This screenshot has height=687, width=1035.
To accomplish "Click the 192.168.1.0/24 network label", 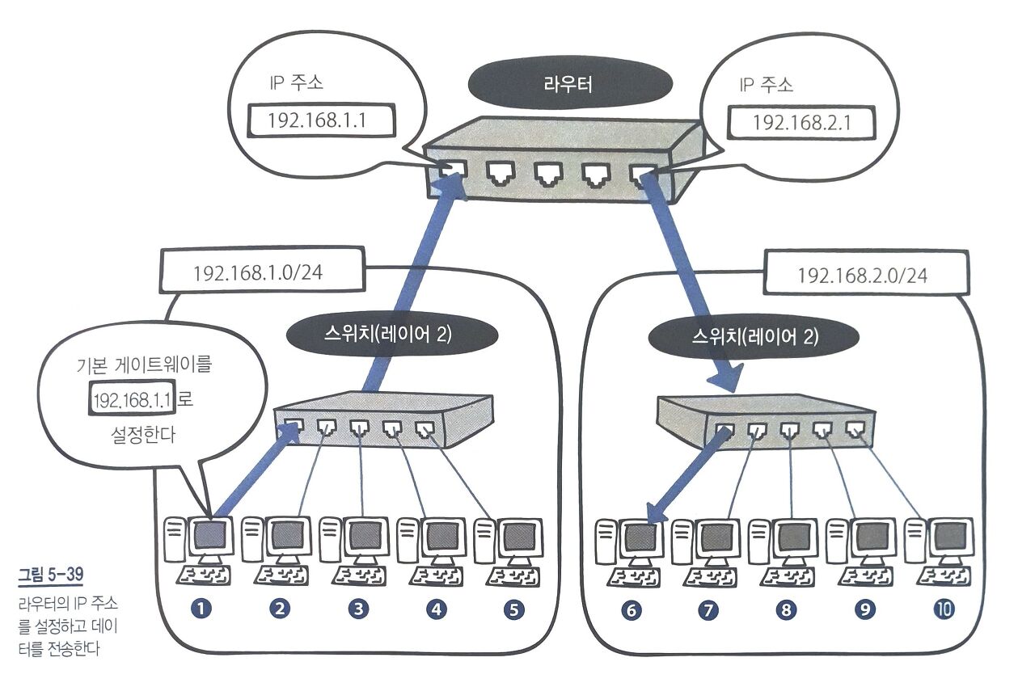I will [x=258, y=272].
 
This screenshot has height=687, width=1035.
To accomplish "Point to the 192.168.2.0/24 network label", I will [x=862, y=275].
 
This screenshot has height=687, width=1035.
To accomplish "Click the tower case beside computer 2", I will [x=251, y=540].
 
